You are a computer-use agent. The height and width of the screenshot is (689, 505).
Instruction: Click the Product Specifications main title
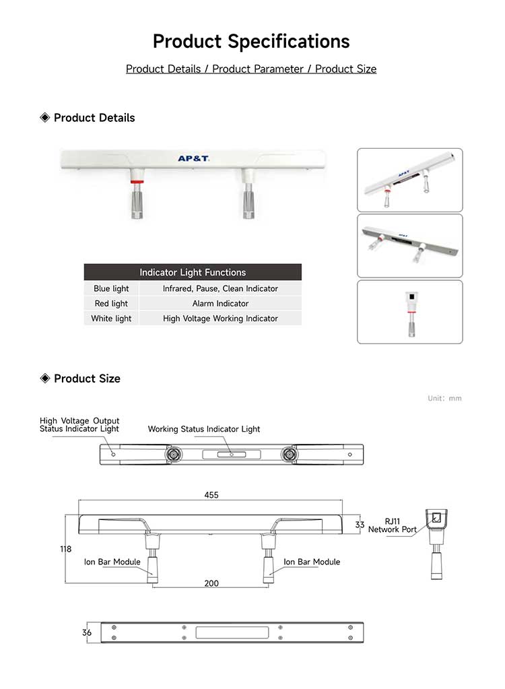[251, 41]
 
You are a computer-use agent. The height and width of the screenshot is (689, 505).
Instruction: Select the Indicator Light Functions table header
[193, 272]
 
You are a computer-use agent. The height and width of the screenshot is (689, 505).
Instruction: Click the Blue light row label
[111, 288]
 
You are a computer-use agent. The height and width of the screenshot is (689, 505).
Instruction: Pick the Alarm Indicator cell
[220, 303]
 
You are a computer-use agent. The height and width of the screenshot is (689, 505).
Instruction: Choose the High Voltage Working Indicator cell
[220, 318]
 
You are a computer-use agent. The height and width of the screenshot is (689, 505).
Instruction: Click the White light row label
[111, 318]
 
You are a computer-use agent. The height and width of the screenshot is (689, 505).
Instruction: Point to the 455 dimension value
[211, 495]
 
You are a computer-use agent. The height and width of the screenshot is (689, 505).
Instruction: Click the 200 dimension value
[211, 583]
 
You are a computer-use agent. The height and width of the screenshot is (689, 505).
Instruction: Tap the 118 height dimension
[65, 549]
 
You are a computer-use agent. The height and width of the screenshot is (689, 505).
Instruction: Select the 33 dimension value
[360, 525]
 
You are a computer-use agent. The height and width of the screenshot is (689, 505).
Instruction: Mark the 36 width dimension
[86, 632]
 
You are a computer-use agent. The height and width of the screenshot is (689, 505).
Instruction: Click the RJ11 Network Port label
[393, 525]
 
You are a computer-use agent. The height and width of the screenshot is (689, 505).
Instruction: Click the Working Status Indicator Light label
[204, 429]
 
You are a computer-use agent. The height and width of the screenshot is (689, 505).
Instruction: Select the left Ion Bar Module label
[112, 562]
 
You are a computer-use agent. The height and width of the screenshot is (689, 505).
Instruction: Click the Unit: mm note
[444, 398]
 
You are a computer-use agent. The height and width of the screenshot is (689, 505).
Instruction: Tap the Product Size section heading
[87, 379]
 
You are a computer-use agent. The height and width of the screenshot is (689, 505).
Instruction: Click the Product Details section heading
[94, 118]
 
